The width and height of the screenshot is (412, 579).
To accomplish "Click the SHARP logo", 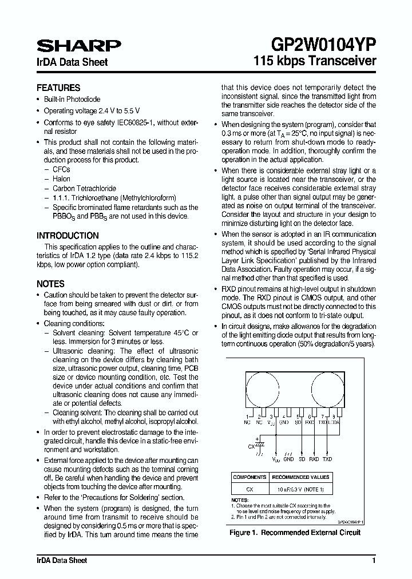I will [78, 46].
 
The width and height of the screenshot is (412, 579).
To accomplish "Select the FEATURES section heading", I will [58, 88].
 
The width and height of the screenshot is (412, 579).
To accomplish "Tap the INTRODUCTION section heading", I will [68, 236].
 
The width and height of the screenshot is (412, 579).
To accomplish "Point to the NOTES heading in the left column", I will [50, 284].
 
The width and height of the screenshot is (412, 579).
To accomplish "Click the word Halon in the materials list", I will [61, 179].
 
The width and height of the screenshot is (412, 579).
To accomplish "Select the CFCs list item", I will [61, 170].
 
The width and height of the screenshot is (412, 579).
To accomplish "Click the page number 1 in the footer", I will [374, 561].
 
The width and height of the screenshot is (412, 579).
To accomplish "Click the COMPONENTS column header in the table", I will [249, 477].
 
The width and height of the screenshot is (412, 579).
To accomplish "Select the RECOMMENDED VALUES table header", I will [301, 477].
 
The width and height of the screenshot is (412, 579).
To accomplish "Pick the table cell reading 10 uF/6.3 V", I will [301, 490].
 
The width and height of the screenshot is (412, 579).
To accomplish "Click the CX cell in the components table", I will [249, 490].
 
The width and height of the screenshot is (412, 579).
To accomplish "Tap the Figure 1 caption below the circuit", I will [295, 533].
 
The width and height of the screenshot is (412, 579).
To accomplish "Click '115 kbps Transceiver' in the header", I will [315, 61].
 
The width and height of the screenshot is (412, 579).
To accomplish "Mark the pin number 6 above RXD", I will [309, 417].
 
